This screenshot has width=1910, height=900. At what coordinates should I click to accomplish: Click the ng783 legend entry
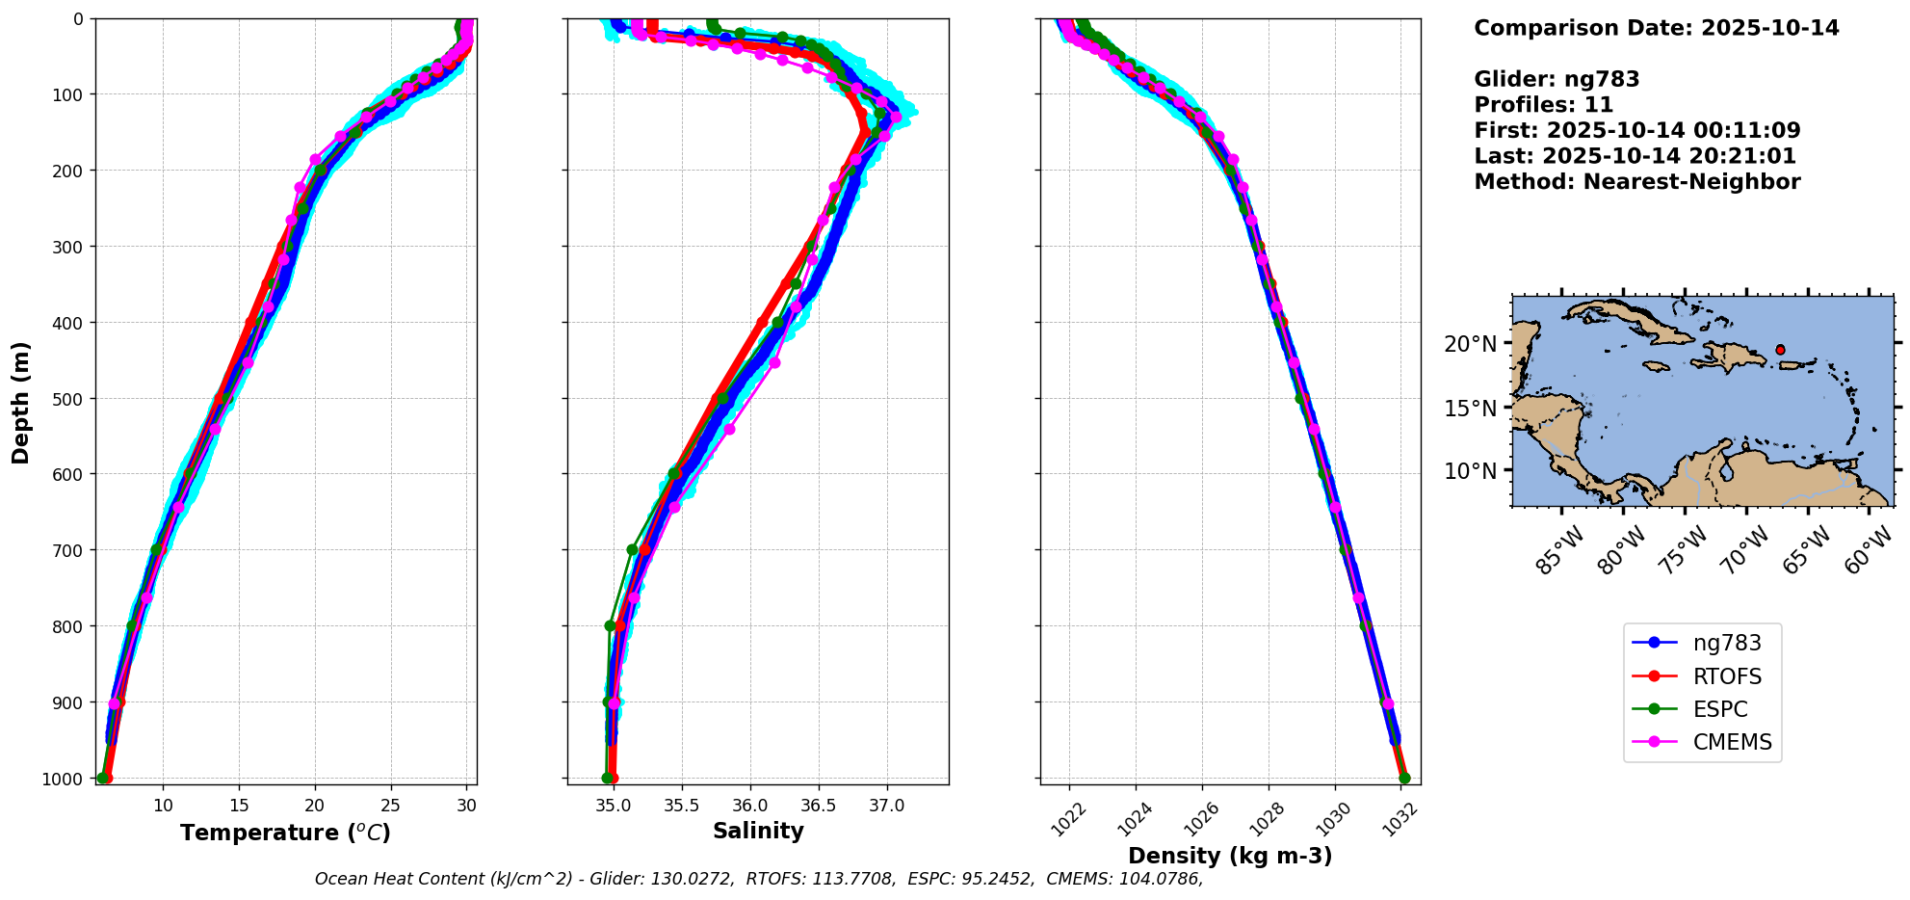point(1726,644)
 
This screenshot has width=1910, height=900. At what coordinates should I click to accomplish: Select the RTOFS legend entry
point(1726,676)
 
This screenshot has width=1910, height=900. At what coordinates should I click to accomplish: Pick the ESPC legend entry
point(1719,709)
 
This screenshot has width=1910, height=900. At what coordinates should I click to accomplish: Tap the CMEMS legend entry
point(1732,742)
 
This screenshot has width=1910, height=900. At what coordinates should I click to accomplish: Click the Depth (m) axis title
point(21,402)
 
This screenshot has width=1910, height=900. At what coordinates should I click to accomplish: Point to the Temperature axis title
point(285,833)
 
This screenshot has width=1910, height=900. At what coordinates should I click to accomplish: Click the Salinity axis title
point(758,831)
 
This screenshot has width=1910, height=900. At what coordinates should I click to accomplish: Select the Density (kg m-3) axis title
point(1230,856)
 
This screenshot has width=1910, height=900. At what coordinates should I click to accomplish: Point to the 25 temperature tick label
point(390,806)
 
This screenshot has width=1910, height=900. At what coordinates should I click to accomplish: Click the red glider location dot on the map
point(1780,350)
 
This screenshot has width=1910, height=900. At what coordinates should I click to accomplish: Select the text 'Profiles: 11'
point(1543,105)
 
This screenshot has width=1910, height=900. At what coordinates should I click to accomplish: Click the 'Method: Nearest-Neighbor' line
point(1636,182)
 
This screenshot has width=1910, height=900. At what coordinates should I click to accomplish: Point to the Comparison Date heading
point(1656,28)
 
